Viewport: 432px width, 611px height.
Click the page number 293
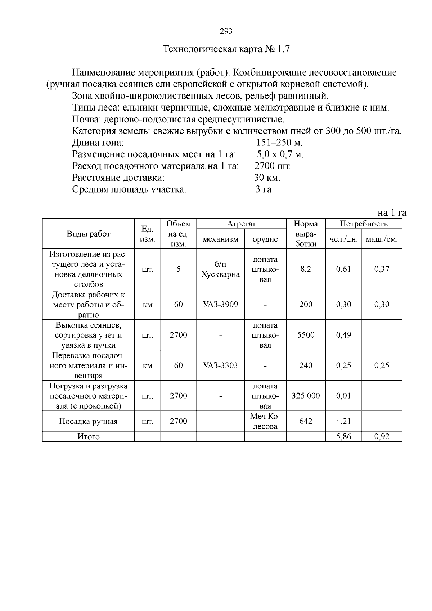pyautogui.click(x=226, y=31)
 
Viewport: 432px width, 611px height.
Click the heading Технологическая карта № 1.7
pyautogui.click(x=226, y=49)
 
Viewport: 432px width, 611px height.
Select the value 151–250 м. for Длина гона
pyautogui.click(x=279, y=143)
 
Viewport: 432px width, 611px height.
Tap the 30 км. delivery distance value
pyautogui.click(x=267, y=178)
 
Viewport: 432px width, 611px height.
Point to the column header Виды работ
pyautogui.click(x=88, y=234)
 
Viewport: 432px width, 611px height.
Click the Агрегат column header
pyautogui.click(x=241, y=224)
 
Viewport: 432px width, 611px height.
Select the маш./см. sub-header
pyautogui.click(x=382, y=239)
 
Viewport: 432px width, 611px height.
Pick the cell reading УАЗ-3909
pyautogui.click(x=220, y=305)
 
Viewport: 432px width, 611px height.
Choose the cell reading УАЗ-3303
pyautogui.click(x=220, y=365)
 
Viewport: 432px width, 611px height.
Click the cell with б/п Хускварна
pyautogui.click(x=220, y=269)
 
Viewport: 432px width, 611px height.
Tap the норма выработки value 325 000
pyautogui.click(x=306, y=396)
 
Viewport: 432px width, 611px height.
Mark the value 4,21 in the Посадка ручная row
pyautogui.click(x=343, y=421)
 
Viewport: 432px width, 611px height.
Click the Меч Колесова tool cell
pyautogui.click(x=265, y=421)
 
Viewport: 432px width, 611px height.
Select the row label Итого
pyautogui.click(x=88, y=437)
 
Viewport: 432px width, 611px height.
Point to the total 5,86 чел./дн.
pyautogui.click(x=343, y=437)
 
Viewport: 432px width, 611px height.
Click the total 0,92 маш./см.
pyautogui.click(x=382, y=437)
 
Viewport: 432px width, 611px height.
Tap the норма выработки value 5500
pyautogui.click(x=306, y=335)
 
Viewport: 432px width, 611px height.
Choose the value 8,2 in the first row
pyautogui.click(x=306, y=269)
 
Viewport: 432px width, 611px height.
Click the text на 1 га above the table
pyautogui.click(x=392, y=212)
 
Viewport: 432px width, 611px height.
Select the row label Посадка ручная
pyautogui.click(x=88, y=421)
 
